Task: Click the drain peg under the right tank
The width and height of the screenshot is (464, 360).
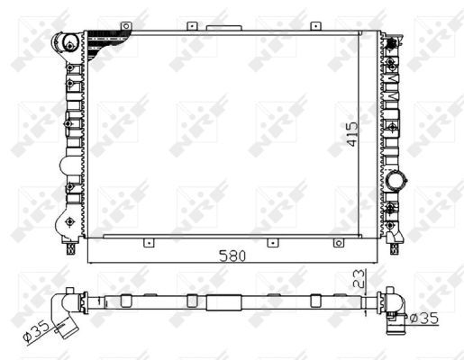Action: (397, 240)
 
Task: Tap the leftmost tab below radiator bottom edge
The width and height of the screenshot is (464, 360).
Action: (147, 241)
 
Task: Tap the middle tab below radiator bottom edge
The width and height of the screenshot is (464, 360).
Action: (269, 241)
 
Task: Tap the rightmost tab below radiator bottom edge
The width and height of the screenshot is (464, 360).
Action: (335, 241)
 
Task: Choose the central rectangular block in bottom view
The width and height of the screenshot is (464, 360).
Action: (221, 301)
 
